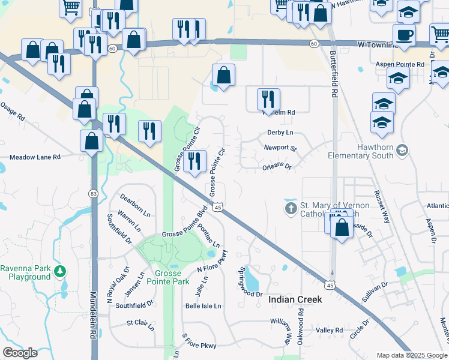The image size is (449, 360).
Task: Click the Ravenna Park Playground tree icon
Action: pos(59,271)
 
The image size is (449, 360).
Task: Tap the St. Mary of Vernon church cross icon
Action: pos(291,209)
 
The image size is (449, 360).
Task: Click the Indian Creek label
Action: pos(295,299)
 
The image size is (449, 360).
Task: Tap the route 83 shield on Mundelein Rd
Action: pos(92,194)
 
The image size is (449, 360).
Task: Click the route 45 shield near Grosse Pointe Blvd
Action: pos(218,207)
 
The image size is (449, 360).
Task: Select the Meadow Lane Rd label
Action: pos(35,157)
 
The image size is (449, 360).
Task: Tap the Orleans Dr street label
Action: pos(277,166)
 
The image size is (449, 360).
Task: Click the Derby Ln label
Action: pos(280,133)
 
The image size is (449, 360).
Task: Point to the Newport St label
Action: pos(280,148)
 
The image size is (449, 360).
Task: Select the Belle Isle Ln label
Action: pos(203,305)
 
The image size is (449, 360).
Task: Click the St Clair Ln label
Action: pos(140,324)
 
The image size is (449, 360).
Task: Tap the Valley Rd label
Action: pos(329,331)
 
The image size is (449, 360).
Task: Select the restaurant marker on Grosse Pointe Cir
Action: pos(194,160)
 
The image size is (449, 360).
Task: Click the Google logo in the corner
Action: pos(20,353)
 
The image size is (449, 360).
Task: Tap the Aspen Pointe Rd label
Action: pos(400,64)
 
